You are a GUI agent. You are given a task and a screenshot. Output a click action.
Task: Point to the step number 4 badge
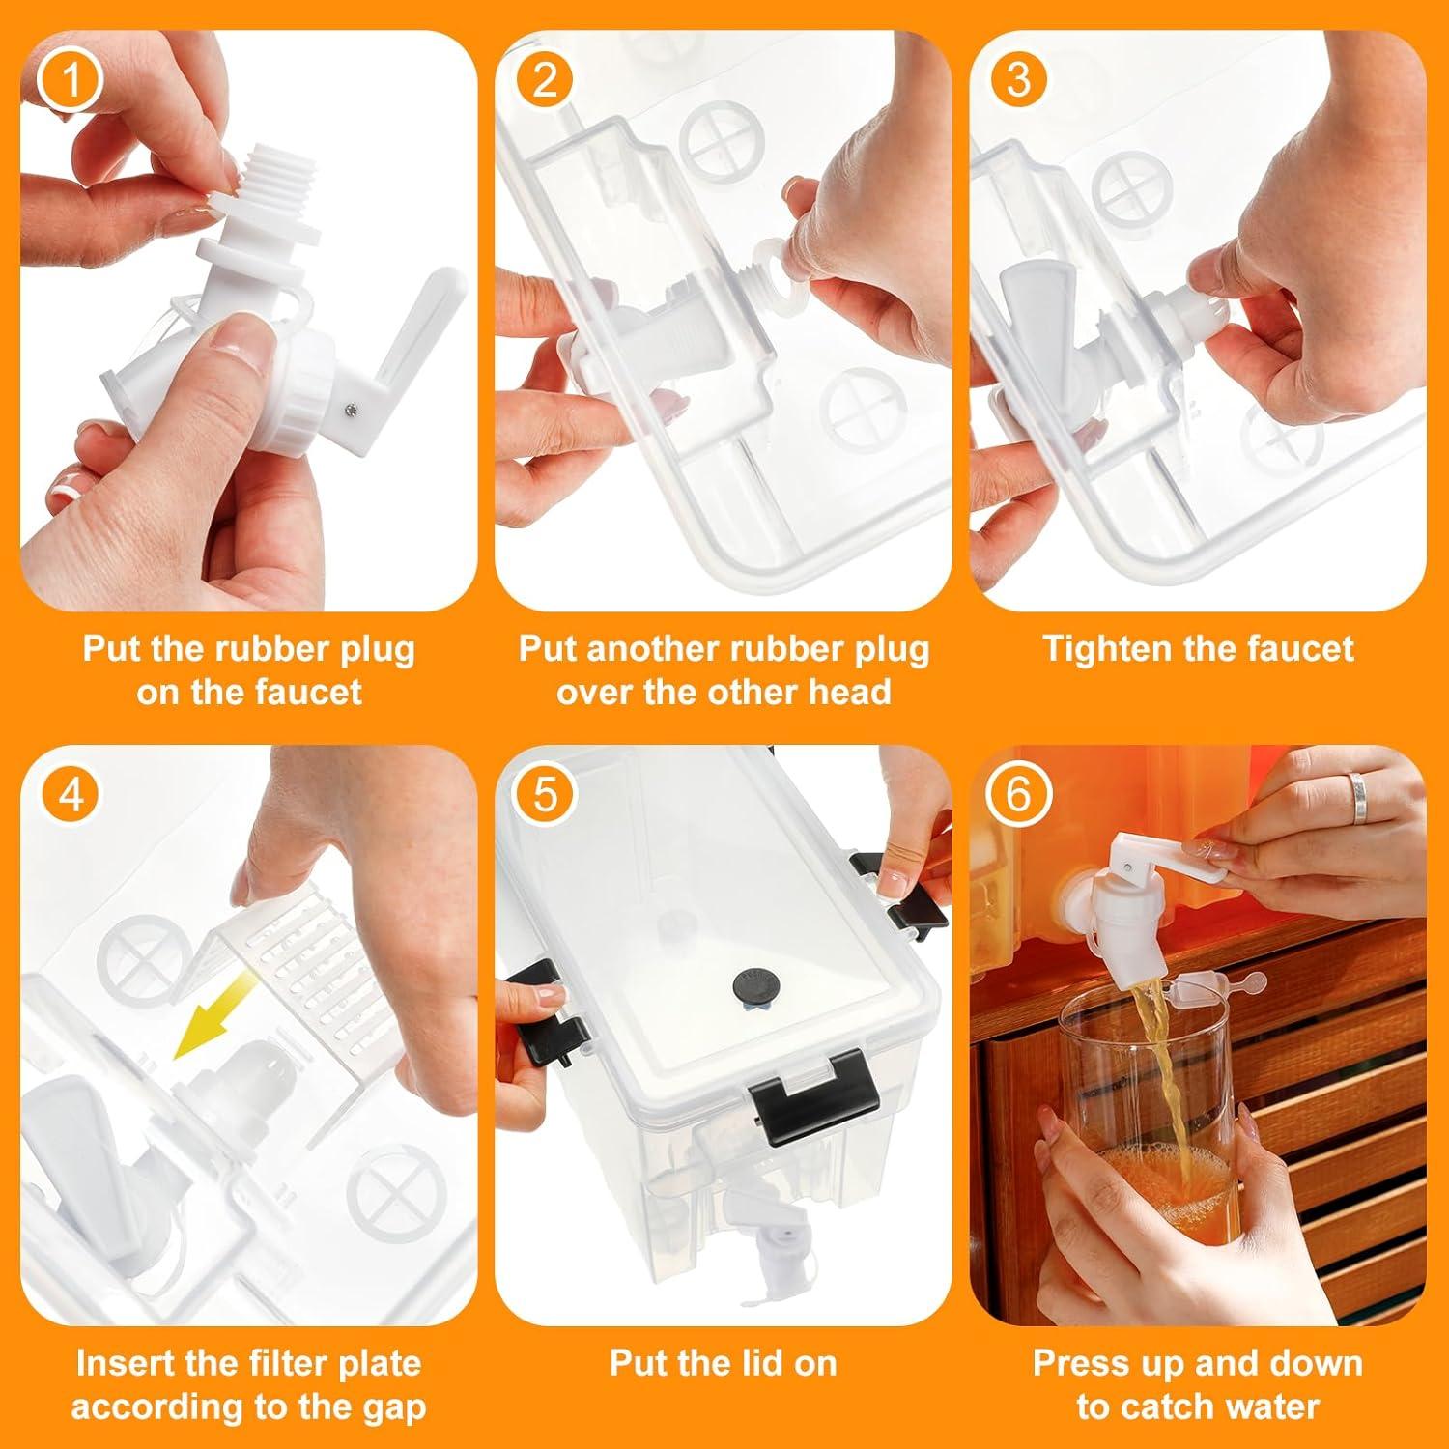71,796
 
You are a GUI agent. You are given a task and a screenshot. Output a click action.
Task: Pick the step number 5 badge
546,796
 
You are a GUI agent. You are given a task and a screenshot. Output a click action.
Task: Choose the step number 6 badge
1019,796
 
